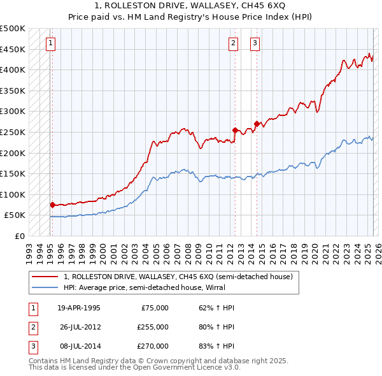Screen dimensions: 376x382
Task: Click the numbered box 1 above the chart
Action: tap(50, 43)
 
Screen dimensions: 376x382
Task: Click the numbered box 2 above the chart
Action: tap(233, 43)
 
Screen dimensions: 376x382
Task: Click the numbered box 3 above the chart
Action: tap(255, 43)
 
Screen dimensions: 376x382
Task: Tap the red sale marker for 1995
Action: tap(53, 205)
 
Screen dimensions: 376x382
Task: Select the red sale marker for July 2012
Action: tap(235, 130)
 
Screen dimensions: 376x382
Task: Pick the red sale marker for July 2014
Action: tap(257, 124)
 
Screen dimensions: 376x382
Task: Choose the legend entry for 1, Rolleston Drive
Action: tap(178, 277)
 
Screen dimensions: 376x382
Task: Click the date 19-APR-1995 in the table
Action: tap(79, 308)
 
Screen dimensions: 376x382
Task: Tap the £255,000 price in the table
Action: tap(153, 327)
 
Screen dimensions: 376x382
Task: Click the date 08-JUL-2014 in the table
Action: tap(79, 346)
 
